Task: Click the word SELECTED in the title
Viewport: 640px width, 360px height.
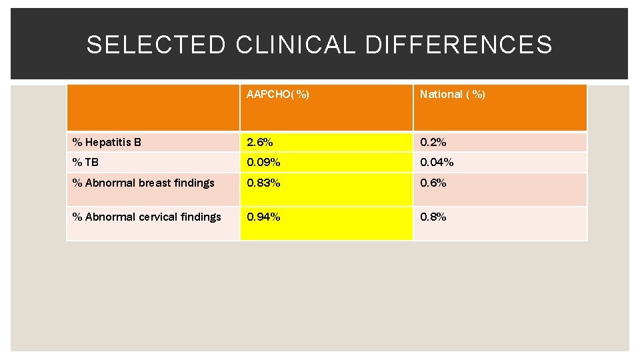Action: pyautogui.click(x=157, y=45)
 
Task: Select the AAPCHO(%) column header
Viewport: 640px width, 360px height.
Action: pyautogui.click(x=277, y=95)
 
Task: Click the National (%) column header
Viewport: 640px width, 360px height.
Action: pyautogui.click(x=452, y=95)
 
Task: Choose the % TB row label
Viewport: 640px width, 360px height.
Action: pyautogui.click(x=85, y=162)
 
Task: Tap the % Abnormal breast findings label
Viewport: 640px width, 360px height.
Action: pyautogui.click(x=143, y=183)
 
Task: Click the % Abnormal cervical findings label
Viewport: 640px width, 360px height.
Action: pyautogui.click(x=147, y=217)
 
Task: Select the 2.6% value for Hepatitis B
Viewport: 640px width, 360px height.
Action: pyautogui.click(x=260, y=142)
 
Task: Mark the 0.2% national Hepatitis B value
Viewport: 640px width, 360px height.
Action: pyautogui.click(x=433, y=142)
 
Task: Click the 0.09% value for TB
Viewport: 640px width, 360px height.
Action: pyautogui.click(x=263, y=162)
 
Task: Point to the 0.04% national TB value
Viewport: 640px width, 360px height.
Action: pyautogui.click(x=437, y=162)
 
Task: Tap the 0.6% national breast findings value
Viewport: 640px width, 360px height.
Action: pyautogui.click(x=433, y=183)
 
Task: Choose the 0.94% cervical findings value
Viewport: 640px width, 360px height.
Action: pyautogui.click(x=263, y=217)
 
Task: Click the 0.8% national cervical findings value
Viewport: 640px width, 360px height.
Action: pyautogui.click(x=433, y=217)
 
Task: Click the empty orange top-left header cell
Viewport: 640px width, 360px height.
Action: pyautogui.click(x=153, y=107)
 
